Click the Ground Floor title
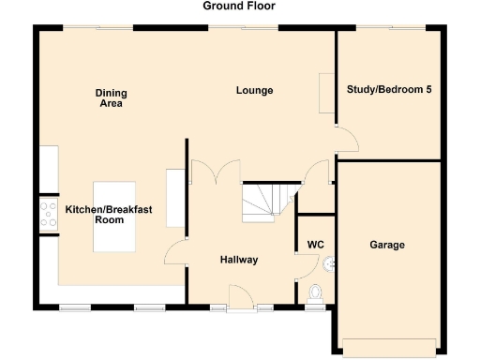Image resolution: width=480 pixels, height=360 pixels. click(x=239, y=6)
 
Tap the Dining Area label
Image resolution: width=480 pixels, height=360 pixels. click(x=111, y=98)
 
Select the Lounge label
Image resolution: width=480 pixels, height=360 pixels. click(x=254, y=91)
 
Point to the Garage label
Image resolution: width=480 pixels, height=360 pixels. click(x=386, y=245)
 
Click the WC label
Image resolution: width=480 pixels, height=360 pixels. click(x=315, y=247)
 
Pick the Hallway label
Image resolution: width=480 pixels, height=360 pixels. click(x=239, y=260)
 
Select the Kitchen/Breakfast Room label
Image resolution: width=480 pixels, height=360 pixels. click(x=96, y=215)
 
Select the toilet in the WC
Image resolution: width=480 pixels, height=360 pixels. click(x=314, y=294)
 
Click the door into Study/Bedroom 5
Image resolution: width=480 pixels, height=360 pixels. click(x=346, y=141)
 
